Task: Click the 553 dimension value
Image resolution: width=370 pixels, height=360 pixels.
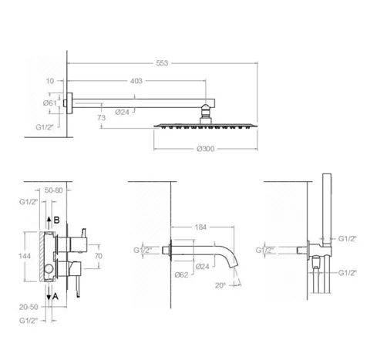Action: coord(162,63)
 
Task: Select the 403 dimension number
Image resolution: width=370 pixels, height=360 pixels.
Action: coord(136,81)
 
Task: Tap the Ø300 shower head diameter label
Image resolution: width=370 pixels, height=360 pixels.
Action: coord(206,149)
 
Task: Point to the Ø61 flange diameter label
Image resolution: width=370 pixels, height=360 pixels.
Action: coord(50,103)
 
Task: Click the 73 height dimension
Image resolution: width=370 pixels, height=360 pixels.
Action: coord(102,118)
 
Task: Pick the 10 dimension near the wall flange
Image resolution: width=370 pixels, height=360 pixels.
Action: coord(50,81)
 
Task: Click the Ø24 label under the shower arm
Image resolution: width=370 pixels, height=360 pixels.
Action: coord(122,112)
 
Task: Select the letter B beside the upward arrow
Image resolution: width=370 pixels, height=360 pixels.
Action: coord(56,220)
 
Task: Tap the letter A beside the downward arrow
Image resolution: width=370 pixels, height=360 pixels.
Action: coord(55,297)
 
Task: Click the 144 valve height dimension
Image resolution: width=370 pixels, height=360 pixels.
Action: coord(25,256)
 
